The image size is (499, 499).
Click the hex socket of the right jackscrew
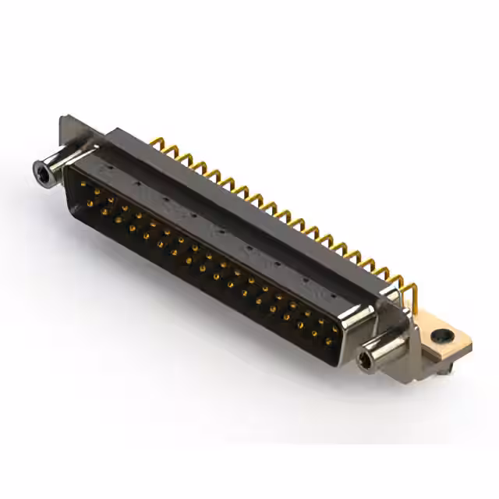pyautogui.click(x=365, y=361)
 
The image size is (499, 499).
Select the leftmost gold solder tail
pyautogui.click(x=159, y=143)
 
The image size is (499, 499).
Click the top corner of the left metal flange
pyautogui.click(x=64, y=119)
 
